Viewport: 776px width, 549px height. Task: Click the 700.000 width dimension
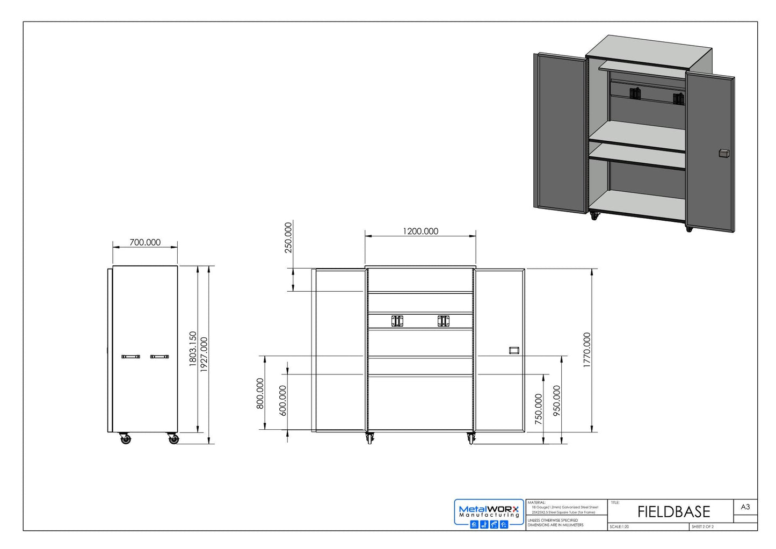tap(145, 242)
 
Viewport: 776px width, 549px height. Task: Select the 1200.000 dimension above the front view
tap(420, 231)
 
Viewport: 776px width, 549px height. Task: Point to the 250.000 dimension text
tap(288, 237)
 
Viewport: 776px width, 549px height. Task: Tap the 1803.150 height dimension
tap(193, 349)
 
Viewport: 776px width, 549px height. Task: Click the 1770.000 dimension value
tap(586, 350)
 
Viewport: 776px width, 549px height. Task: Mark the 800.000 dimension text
tap(260, 393)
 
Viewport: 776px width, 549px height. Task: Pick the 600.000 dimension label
tap(283, 400)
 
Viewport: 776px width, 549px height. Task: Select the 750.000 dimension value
tap(539, 409)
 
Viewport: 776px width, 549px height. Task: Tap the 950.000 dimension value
tap(556, 401)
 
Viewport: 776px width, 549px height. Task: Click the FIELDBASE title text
tap(673, 511)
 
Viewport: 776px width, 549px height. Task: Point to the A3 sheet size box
tap(745, 507)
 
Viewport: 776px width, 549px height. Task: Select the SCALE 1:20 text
tap(619, 527)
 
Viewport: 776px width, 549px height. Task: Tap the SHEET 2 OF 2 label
tap(702, 527)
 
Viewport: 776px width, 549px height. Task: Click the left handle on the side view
tap(130, 356)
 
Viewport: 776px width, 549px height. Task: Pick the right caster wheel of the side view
tap(173, 439)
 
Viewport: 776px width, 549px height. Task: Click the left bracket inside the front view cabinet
tap(397, 321)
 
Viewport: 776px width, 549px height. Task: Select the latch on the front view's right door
tap(514, 350)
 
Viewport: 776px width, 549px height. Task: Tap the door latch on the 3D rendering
tap(723, 154)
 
